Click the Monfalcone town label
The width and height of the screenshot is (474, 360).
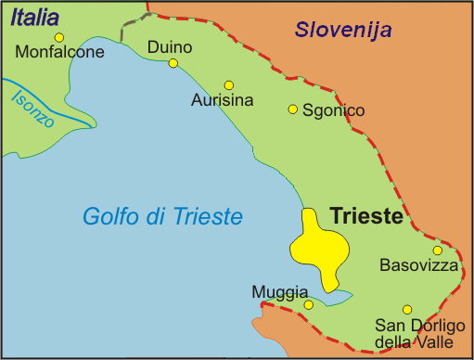click(x=58, y=54)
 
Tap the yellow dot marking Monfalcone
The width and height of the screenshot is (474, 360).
click(x=59, y=37)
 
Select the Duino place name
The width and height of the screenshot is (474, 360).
click(x=170, y=46)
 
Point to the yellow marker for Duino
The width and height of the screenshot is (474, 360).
click(x=173, y=63)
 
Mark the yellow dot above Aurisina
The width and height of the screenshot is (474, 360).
click(x=228, y=84)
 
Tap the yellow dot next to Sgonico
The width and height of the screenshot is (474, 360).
click(x=293, y=109)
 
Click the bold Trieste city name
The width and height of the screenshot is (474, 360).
click(x=366, y=218)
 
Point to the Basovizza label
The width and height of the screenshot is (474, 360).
click(x=419, y=265)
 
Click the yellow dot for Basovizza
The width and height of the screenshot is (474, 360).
click(x=437, y=250)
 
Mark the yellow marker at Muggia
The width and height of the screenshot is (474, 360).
click(x=309, y=303)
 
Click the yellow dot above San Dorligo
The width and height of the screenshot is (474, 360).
click(x=406, y=309)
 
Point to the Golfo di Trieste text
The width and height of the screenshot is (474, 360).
click(x=162, y=217)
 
